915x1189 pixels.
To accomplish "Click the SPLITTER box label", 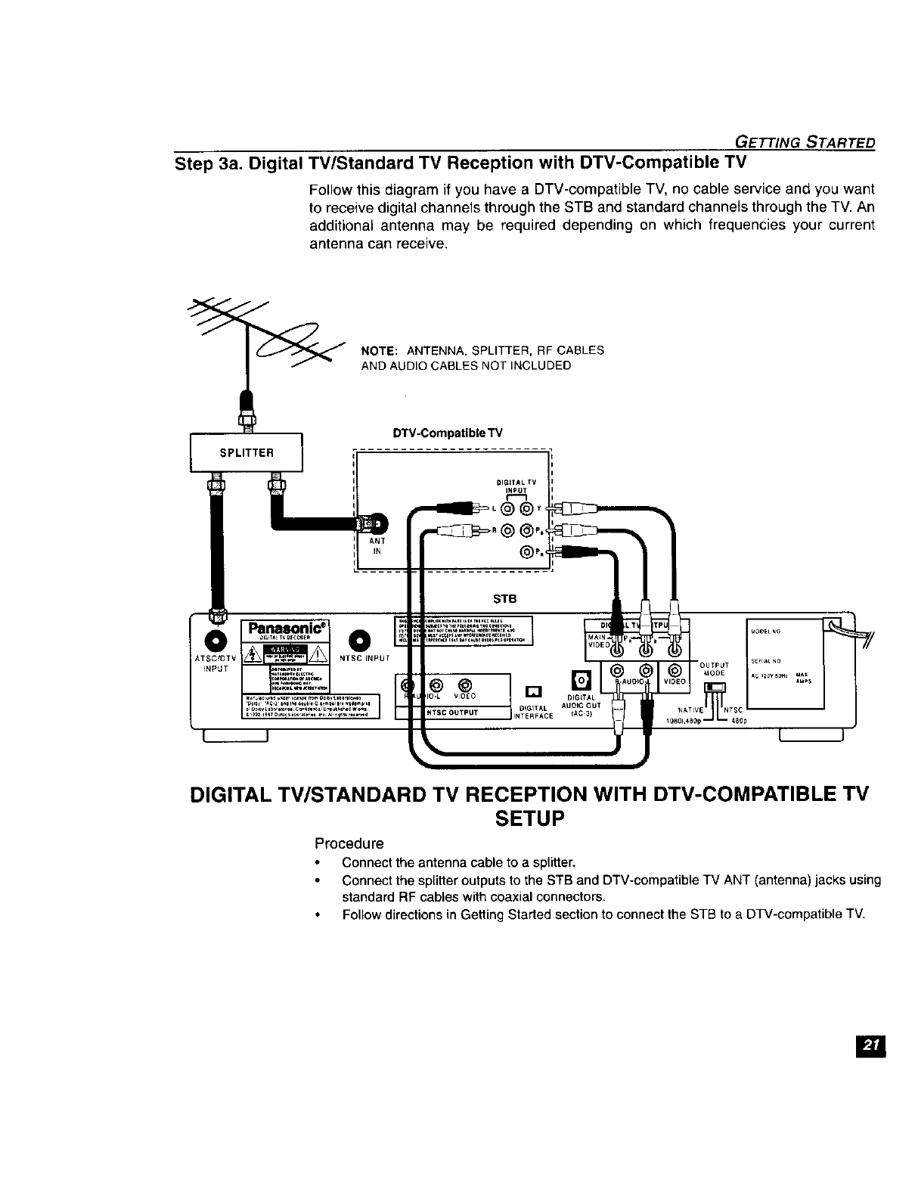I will tap(246, 452).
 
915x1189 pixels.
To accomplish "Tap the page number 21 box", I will tap(870, 1045).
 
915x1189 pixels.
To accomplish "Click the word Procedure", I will tap(349, 843).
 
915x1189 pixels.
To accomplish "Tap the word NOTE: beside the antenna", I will tap(380, 351).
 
